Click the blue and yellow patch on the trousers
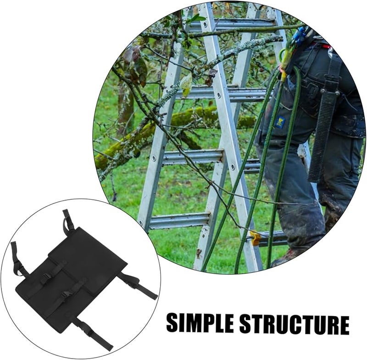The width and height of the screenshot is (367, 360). click(x=280, y=122)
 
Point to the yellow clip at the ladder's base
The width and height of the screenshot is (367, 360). click(x=255, y=238)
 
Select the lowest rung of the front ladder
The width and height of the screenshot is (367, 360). click(x=179, y=220)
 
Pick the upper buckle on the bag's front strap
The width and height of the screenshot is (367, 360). click(x=46, y=278)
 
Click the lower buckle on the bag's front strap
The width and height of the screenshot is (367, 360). click(x=67, y=294)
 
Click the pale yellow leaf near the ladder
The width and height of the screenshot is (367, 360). click(x=186, y=85)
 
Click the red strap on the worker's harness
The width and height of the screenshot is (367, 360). click(x=325, y=46)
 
